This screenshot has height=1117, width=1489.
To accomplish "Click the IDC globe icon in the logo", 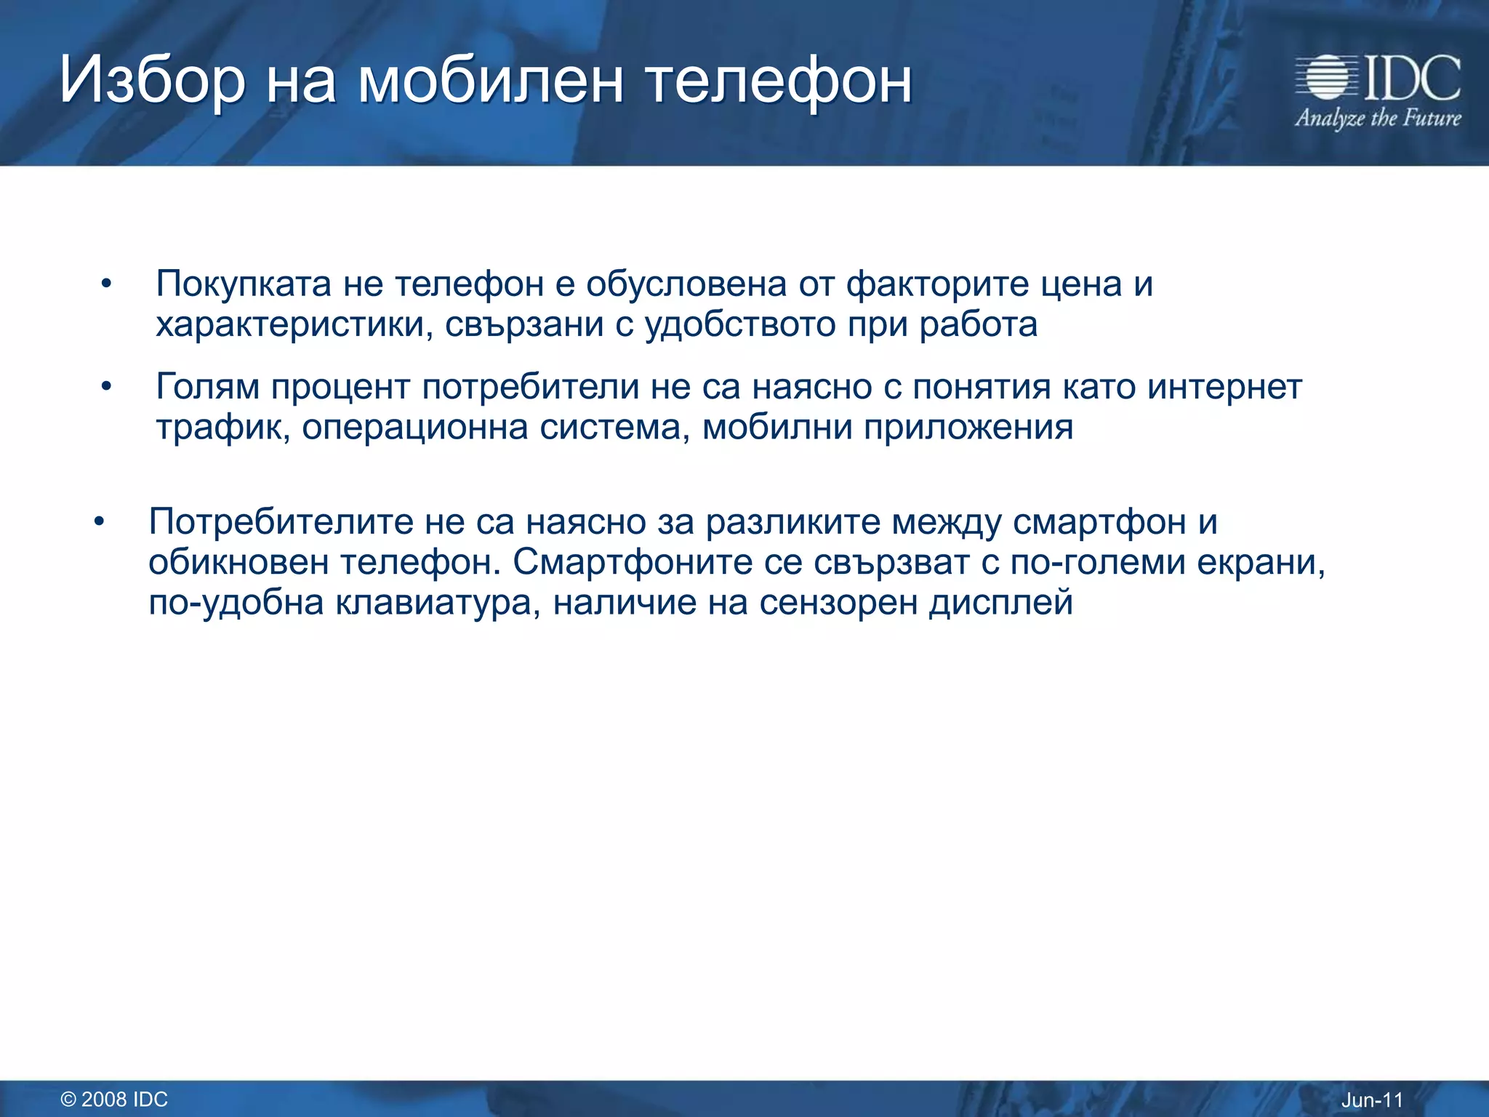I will click(1325, 77).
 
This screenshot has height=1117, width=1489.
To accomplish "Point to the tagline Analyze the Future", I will click(1377, 118).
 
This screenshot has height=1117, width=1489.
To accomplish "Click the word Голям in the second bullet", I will click(207, 386).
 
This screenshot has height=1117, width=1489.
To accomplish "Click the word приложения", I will click(968, 427).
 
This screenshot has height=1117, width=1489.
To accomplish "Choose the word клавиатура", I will click(438, 602).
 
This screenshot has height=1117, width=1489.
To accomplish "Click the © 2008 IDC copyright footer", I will click(114, 1099).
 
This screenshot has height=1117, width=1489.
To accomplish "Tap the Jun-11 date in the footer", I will click(1371, 1100).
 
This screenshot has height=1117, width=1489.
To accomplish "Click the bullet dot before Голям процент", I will click(107, 387).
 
